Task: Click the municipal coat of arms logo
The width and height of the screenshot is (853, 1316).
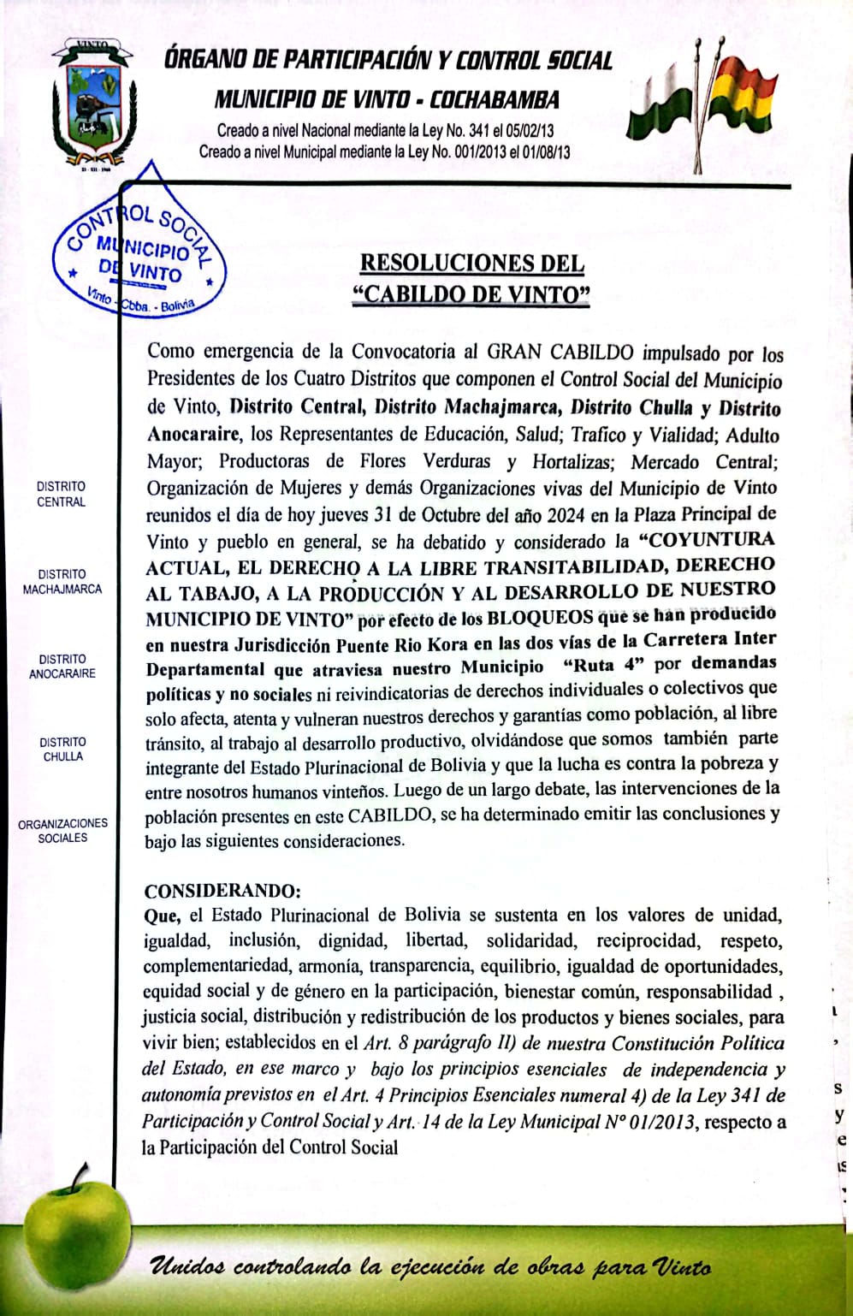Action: (92, 104)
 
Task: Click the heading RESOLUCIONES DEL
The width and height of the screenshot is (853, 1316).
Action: (471, 263)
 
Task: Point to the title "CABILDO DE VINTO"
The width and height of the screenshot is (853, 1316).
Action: (471, 294)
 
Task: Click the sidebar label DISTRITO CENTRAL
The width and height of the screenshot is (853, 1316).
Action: (61, 494)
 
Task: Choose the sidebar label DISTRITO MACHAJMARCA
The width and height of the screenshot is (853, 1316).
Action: (62, 581)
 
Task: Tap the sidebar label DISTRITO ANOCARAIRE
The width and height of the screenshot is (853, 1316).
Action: (62, 666)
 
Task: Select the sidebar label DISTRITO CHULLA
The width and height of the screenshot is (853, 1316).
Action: (62, 749)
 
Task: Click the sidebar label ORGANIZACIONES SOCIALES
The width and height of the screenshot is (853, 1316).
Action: (62, 830)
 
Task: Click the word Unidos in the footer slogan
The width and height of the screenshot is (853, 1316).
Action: (187, 1266)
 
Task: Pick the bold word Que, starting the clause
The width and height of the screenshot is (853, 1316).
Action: (162, 916)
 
